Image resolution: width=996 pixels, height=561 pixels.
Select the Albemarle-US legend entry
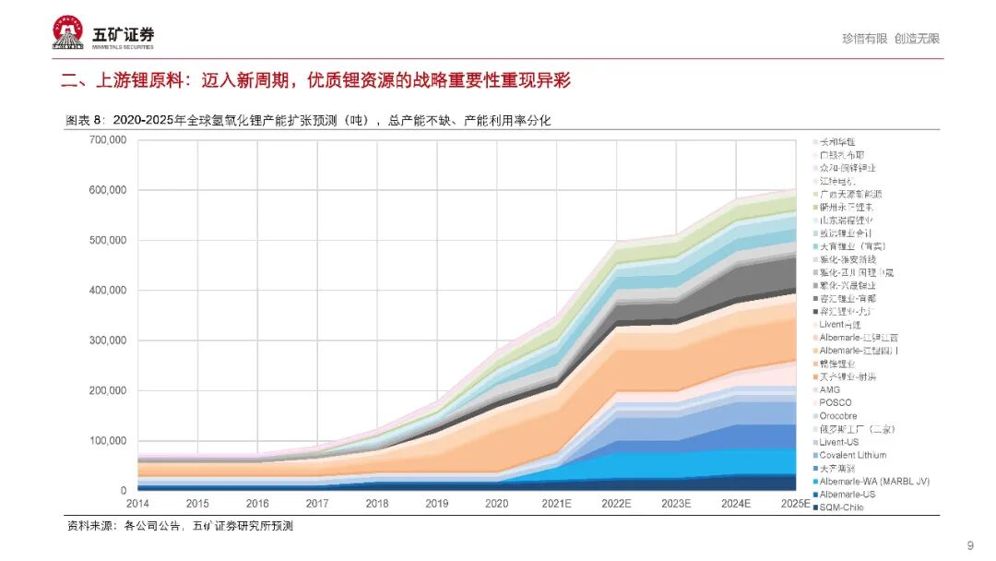tap(843, 495)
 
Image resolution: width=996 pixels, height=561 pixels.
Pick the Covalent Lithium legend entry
tap(852, 455)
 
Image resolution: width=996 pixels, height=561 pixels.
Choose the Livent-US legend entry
tap(839, 442)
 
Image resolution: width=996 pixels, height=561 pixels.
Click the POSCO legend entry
tap(836, 403)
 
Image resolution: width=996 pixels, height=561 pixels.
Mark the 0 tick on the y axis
tap(123, 491)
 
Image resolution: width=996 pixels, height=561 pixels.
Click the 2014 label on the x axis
tap(137, 505)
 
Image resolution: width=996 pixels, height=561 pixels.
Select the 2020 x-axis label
tap(497, 505)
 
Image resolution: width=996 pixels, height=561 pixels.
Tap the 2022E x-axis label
tap(616, 505)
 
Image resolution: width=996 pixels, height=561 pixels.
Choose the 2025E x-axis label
tap(795, 505)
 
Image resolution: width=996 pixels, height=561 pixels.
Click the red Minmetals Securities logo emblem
tap(68, 33)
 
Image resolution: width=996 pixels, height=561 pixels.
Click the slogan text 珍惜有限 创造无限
tap(890, 39)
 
